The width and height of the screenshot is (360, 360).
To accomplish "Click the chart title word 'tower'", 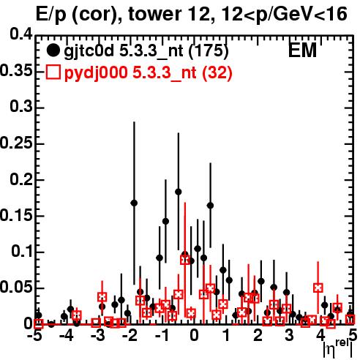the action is click(154, 14).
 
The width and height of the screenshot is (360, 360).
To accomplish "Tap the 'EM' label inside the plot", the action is click(302, 50).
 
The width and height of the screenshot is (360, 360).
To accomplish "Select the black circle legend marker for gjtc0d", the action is click(53, 50).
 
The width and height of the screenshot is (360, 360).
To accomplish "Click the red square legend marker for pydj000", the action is click(53, 72).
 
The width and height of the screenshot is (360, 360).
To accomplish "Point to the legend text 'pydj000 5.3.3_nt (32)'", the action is click(148, 72).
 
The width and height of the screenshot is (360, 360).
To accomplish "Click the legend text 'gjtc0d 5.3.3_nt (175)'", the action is click(146, 51).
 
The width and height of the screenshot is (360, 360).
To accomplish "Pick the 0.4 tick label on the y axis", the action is click(21, 34).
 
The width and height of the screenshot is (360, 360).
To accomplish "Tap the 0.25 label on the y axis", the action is click(16, 143).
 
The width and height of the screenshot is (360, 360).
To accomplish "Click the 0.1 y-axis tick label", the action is click(22, 252).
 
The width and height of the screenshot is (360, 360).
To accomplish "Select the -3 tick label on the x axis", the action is click(98, 336).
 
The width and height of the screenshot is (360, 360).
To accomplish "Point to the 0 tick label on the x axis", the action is click(194, 336).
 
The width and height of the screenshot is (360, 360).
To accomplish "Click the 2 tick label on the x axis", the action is click(258, 336).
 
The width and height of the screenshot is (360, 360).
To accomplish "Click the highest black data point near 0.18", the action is click(179, 192).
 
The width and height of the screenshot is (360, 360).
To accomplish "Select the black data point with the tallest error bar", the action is click(134, 203).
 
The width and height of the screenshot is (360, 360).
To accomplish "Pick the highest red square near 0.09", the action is click(185, 260).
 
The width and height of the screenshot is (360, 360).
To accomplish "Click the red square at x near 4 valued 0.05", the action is click(318, 288).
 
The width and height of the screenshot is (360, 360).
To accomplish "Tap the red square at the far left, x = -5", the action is click(39, 323).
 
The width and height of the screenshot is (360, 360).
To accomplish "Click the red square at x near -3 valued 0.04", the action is click(102, 297).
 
